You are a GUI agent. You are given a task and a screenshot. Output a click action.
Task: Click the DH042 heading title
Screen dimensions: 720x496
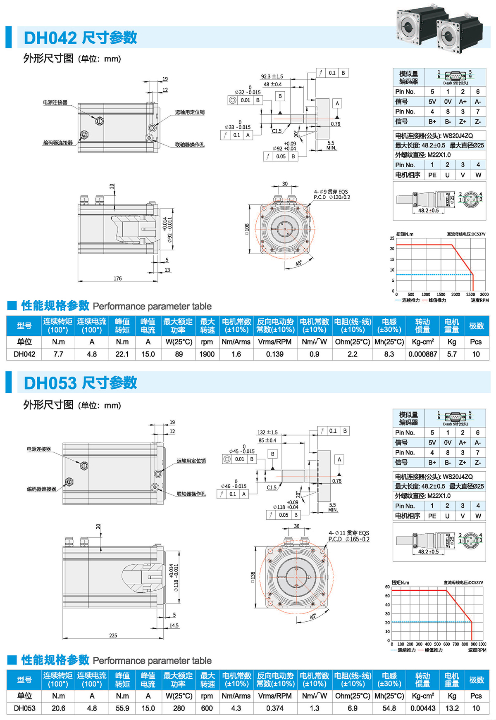point(80,38)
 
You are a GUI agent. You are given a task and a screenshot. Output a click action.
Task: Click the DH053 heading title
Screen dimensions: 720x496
point(80,383)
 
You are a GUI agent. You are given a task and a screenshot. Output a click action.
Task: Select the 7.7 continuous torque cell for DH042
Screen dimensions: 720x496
point(58,354)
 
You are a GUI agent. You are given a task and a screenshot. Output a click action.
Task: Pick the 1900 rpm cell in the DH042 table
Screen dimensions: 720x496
point(207,354)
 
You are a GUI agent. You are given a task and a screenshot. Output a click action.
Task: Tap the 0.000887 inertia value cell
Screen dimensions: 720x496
point(422,354)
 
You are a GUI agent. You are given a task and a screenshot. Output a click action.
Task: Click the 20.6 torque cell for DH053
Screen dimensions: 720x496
point(58,708)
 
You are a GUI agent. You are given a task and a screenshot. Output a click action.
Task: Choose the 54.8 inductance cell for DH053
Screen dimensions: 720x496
point(389,708)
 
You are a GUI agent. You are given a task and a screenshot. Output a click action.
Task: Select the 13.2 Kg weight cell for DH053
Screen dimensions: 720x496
point(452,708)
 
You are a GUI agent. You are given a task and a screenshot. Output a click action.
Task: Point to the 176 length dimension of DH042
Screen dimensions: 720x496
point(118,278)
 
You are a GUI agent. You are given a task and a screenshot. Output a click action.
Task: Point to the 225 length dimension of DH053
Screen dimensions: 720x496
point(113,635)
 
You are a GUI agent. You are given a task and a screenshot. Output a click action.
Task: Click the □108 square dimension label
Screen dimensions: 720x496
point(247,229)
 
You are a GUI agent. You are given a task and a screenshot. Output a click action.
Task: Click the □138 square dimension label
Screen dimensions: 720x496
point(253,577)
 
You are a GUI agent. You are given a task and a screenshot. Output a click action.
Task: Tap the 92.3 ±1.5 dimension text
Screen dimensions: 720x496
point(272,76)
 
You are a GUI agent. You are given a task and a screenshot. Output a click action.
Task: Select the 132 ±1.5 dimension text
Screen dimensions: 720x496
point(267,432)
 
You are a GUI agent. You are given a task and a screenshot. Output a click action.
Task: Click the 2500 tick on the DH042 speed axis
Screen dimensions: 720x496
point(470,295)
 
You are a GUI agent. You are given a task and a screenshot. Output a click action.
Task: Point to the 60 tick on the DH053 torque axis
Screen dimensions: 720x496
point(387,587)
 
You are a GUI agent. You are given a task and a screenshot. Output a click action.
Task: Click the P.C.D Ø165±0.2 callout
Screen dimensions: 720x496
point(348,539)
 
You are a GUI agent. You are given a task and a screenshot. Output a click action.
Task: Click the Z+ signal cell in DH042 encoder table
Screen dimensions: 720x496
point(463,121)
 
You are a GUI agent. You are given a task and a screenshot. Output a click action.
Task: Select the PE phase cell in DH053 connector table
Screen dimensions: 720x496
point(432,516)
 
